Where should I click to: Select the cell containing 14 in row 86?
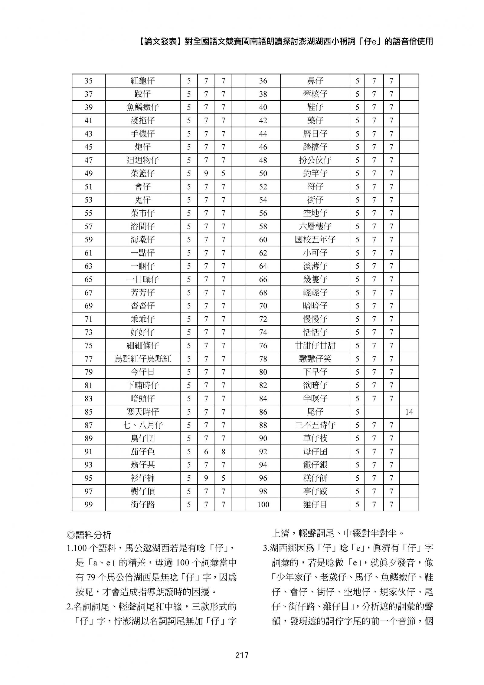[x=409, y=412]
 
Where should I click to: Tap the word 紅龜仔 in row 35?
[x=142, y=81]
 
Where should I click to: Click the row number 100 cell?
[x=263, y=504]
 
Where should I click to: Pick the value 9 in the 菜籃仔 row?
[x=206, y=173]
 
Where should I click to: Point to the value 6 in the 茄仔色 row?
[x=206, y=452]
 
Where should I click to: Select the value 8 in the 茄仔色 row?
[x=223, y=452]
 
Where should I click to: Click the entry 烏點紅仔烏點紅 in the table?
[x=142, y=359]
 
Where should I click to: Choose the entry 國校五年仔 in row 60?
[x=315, y=239]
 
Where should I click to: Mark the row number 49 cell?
[x=88, y=173]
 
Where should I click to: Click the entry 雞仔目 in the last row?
[x=315, y=504]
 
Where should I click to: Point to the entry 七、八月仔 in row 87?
[x=142, y=425]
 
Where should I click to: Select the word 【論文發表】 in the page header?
[x=160, y=41]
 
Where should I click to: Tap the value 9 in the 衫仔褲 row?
[x=206, y=478]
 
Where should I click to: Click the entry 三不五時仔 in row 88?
[x=315, y=425]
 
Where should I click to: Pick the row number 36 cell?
[x=263, y=81]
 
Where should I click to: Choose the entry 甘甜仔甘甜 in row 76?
[x=315, y=345]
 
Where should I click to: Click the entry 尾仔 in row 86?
[x=315, y=412]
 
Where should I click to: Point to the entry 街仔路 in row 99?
[x=142, y=504]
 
